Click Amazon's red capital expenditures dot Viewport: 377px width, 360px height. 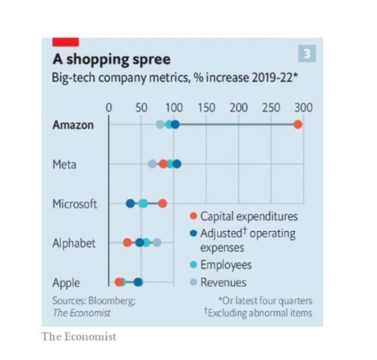[x=298, y=125]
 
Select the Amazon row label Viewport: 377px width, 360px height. [x=73, y=125]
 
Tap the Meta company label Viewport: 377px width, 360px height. [x=64, y=164]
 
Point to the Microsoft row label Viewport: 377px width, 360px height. [x=74, y=204]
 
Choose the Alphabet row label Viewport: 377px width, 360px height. [x=74, y=243]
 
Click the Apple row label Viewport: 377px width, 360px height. [x=66, y=283]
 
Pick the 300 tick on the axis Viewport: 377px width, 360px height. [x=303, y=108]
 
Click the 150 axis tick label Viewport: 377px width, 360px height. [x=206, y=108]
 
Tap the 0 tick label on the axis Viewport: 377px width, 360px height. [x=109, y=108]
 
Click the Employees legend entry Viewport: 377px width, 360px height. [x=226, y=265]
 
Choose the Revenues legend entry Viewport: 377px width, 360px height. [x=223, y=283]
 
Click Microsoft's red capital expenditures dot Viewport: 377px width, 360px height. [x=162, y=204]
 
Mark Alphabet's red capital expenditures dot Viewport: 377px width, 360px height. [x=127, y=243]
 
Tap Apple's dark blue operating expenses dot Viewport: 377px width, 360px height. [x=138, y=283]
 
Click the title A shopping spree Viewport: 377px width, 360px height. [x=110, y=59]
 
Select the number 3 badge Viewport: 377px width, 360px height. [x=307, y=53]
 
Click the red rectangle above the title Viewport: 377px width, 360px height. [x=65, y=42]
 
